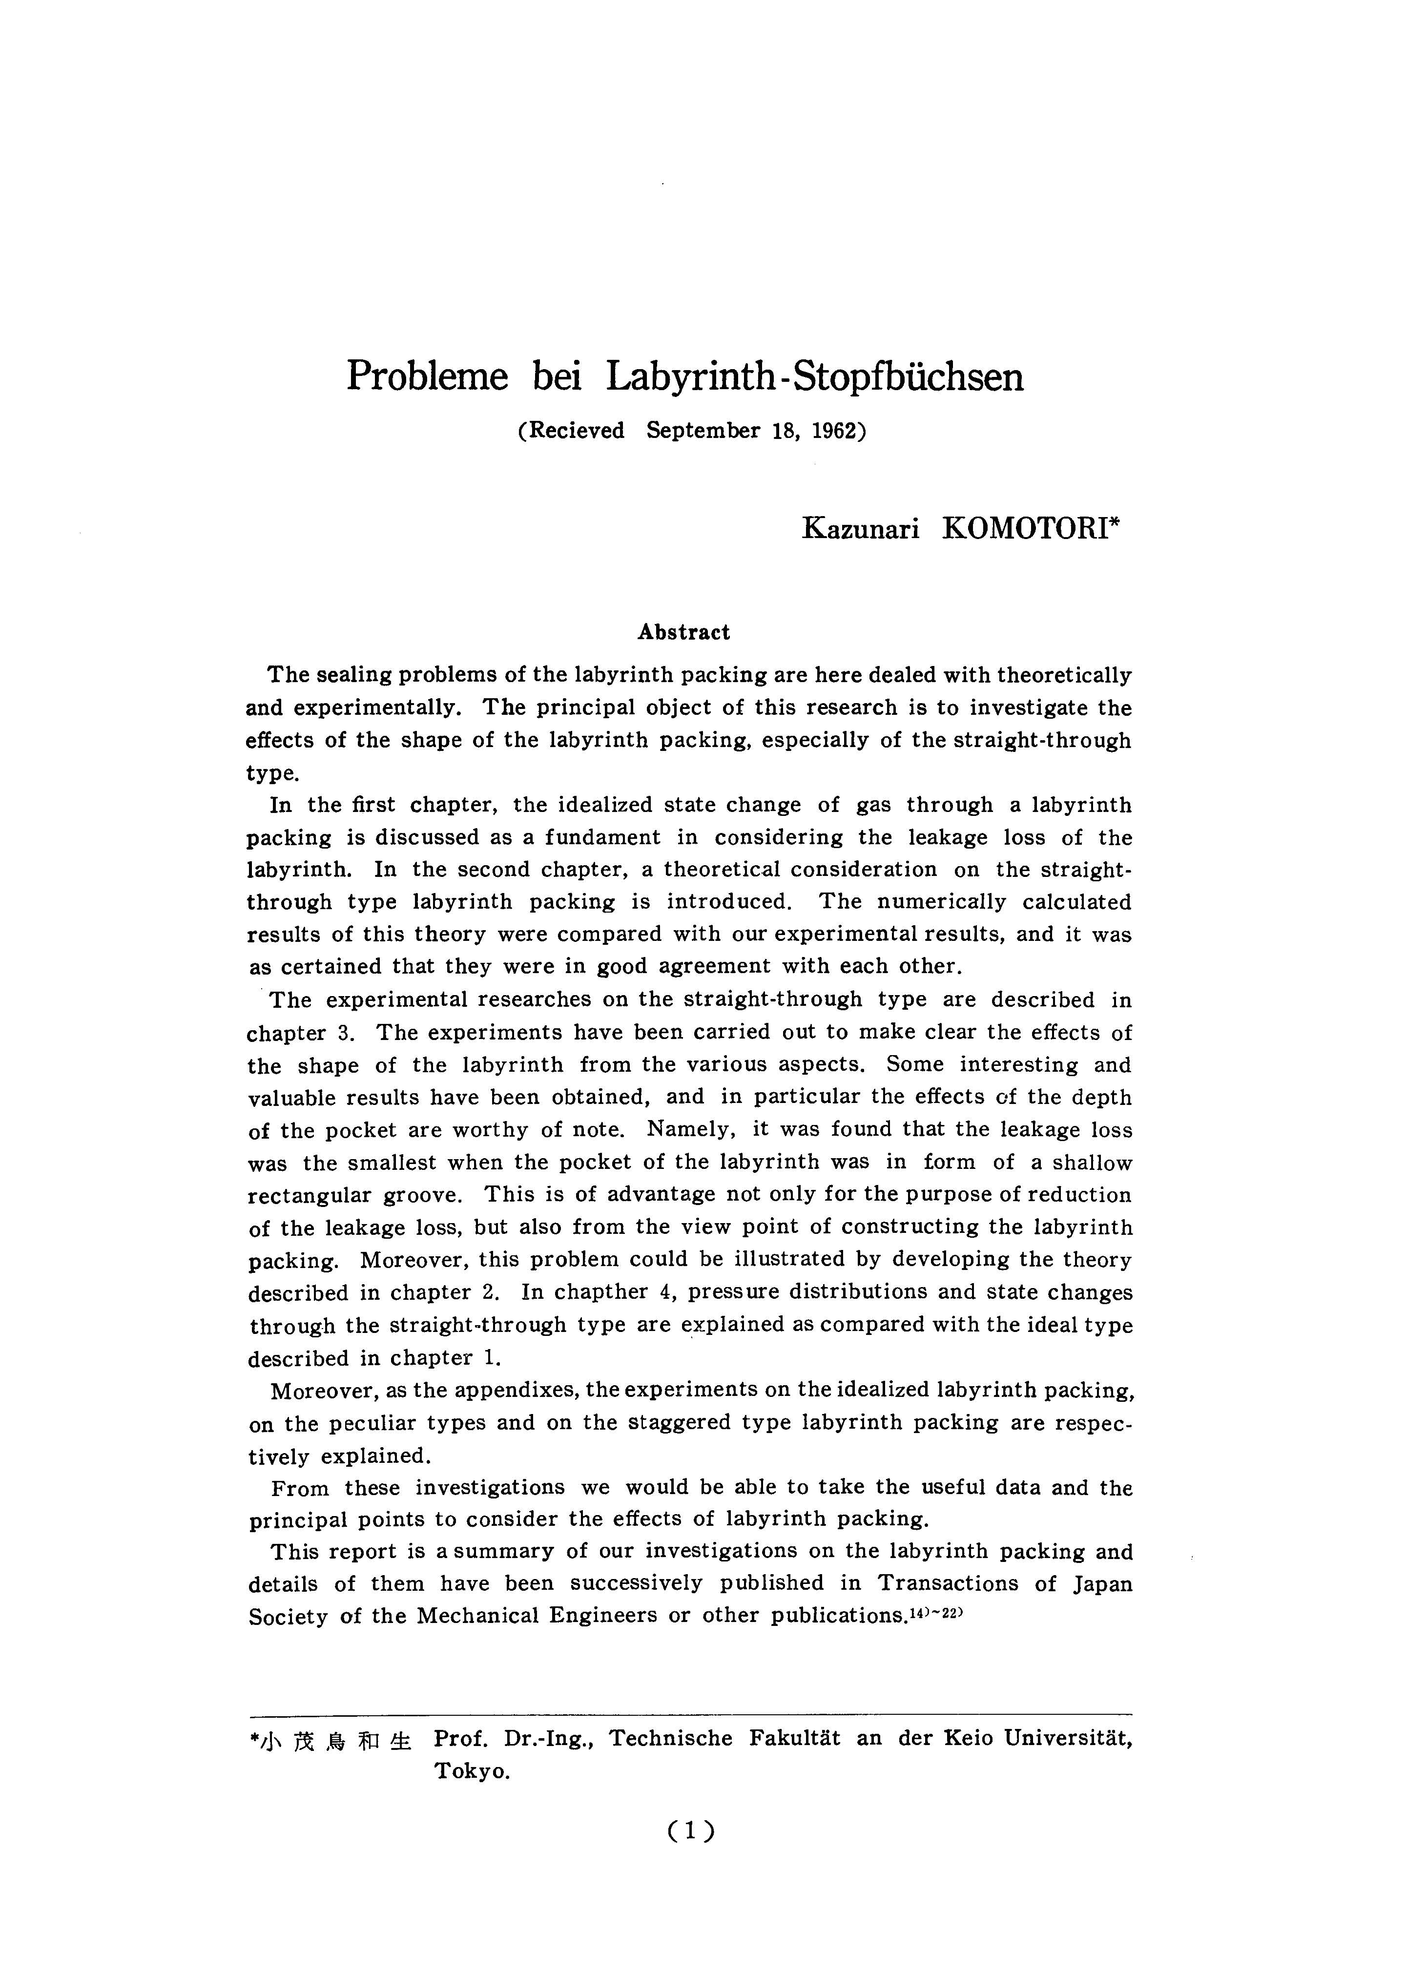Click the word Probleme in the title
tap(427, 376)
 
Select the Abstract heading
tap(684, 632)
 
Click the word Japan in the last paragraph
tap(1102, 1584)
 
